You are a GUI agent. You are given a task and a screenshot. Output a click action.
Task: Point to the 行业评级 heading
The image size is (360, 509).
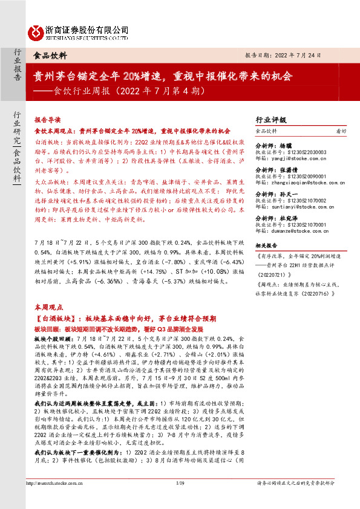pos(272,120)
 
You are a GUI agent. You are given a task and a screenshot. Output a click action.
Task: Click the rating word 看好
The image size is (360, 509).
pos(341,131)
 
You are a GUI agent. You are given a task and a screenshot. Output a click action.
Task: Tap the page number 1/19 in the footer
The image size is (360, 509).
pos(179,500)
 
